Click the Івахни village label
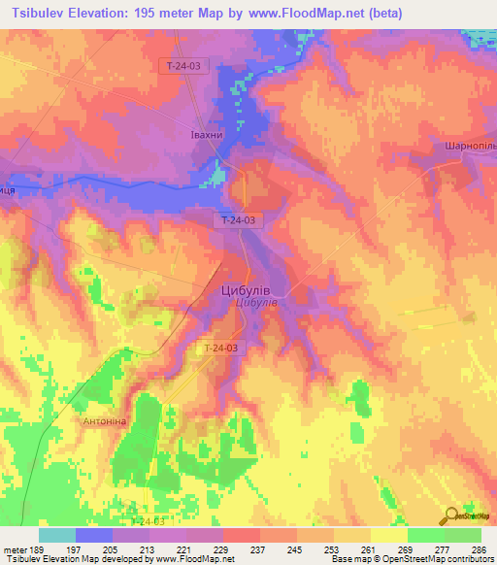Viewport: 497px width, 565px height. tap(206, 137)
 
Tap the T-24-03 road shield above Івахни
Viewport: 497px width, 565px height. tap(183, 65)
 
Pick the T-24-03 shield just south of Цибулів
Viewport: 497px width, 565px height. tap(221, 348)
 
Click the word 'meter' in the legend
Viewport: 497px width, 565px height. tap(17, 548)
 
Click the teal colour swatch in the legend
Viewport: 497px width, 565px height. tap(57, 535)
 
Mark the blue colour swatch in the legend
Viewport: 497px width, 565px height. tap(94, 535)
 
